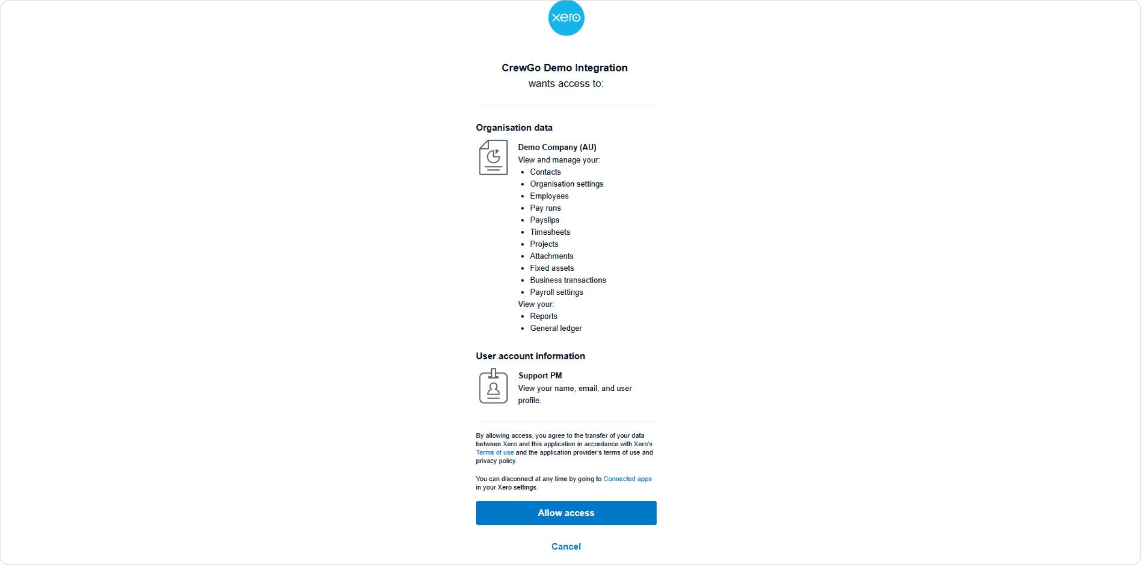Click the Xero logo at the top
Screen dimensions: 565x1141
(x=566, y=18)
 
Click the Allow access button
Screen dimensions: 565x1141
(x=566, y=513)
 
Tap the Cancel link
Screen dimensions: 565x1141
(x=566, y=546)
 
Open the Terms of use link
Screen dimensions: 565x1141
(x=494, y=453)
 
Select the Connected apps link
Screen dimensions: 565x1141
(x=627, y=479)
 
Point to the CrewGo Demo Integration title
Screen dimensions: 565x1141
(x=565, y=68)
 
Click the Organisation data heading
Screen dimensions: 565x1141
(x=514, y=128)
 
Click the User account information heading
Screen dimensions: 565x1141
(x=530, y=356)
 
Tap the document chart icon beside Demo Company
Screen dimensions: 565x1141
(x=493, y=157)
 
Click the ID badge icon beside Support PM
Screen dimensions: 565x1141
(x=493, y=387)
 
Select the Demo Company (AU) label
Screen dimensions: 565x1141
(x=557, y=147)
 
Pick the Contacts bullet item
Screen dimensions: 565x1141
(x=545, y=172)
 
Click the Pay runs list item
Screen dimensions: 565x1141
(x=545, y=208)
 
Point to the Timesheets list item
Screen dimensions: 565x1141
(x=550, y=232)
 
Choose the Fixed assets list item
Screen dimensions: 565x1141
(x=551, y=268)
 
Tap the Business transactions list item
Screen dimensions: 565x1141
(x=568, y=280)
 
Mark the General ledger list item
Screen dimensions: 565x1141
(x=555, y=328)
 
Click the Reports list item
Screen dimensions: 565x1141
(x=543, y=316)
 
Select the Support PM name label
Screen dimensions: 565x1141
(x=540, y=376)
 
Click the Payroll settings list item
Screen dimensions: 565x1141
(x=556, y=292)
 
